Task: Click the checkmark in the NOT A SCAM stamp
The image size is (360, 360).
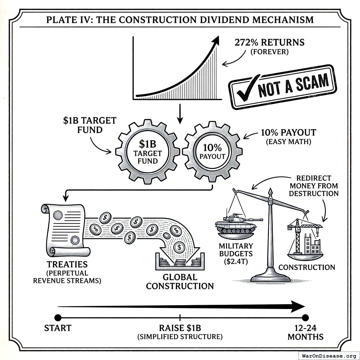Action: coord(247,88)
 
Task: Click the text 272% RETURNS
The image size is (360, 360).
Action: coord(269,43)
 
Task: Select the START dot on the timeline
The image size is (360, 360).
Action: coord(58,318)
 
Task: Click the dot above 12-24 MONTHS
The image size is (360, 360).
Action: coord(305,318)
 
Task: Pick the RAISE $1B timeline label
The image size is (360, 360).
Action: coord(180,328)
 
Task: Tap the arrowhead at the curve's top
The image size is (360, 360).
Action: coord(216,40)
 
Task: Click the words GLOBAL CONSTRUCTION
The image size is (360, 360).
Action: coord(180,282)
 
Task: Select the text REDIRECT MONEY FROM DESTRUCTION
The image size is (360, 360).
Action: coord(314,186)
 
